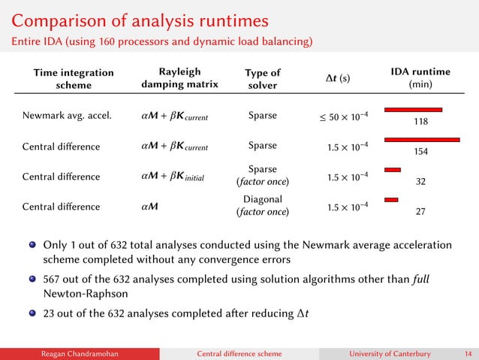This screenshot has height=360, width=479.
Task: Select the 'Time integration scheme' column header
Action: point(73,79)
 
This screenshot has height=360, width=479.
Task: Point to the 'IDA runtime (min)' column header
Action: point(420,79)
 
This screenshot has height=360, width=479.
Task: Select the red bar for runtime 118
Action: point(413,110)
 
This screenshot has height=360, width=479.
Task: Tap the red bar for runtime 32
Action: point(393,170)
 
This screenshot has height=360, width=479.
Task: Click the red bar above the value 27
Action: point(391,200)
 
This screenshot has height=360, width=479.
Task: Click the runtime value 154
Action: point(420,152)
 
